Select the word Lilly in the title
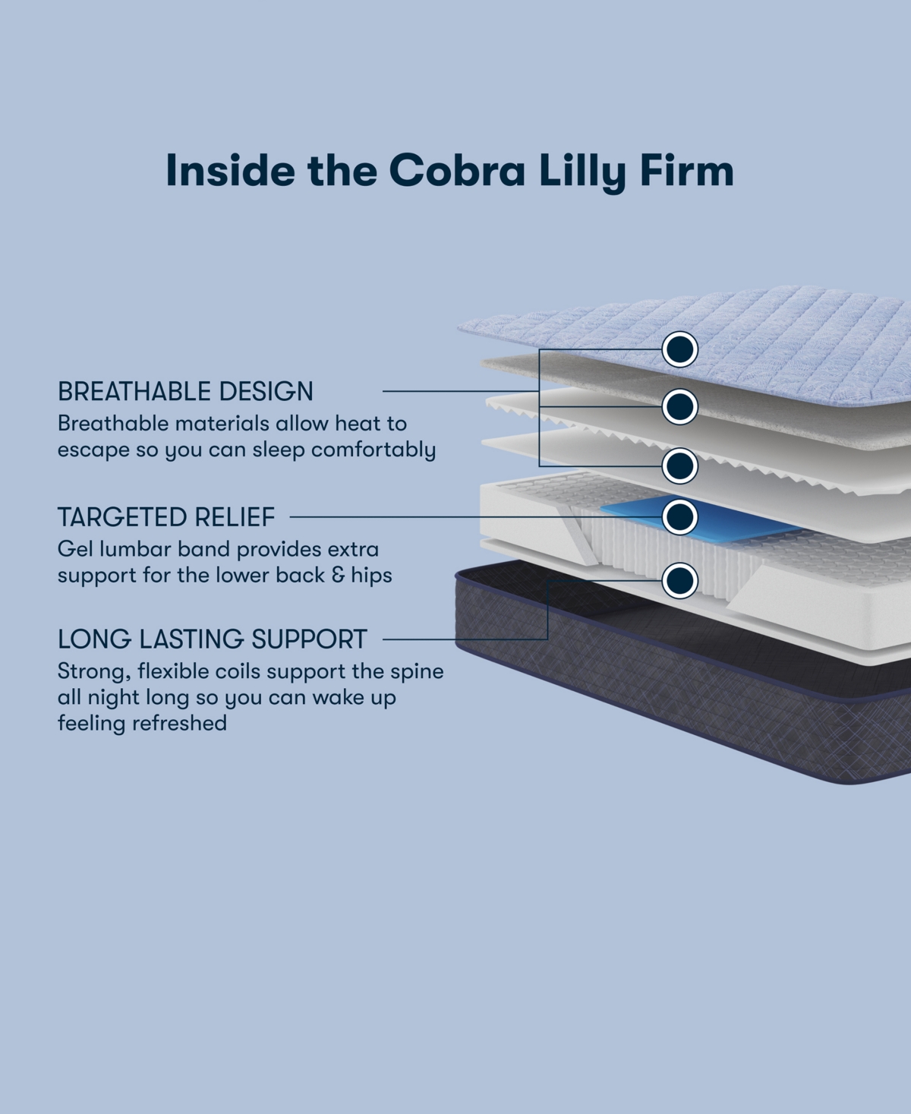pos(582,172)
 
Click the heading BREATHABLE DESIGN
pos(185,391)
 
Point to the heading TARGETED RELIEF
pos(166,517)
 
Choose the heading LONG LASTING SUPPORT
pos(213,639)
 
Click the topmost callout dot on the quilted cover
pos(679,349)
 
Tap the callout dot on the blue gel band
pos(679,517)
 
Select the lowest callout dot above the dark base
pos(679,581)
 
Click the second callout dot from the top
pos(679,407)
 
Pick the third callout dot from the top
pos(679,465)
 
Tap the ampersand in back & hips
pos(339,575)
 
